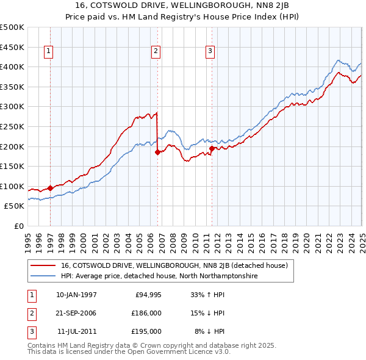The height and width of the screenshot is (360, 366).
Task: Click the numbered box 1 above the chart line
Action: [48, 51]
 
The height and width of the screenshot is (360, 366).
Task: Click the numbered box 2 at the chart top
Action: [156, 51]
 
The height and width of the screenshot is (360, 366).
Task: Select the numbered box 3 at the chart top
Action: [209, 51]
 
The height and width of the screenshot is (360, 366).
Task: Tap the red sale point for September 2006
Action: [158, 152]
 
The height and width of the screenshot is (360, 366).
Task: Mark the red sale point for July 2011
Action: [212, 148]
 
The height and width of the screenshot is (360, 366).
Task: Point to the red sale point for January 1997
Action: [51, 188]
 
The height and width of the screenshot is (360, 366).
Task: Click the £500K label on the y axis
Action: [12, 27]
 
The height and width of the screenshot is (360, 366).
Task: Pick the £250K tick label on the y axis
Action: [12, 126]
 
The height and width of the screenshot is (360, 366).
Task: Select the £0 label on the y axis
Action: [19, 226]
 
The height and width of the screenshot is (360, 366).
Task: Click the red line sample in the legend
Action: [43, 266]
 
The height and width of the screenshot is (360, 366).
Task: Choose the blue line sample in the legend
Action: [43, 276]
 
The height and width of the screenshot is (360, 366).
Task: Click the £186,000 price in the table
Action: [146, 313]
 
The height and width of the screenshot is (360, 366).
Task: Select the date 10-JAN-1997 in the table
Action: [76, 295]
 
